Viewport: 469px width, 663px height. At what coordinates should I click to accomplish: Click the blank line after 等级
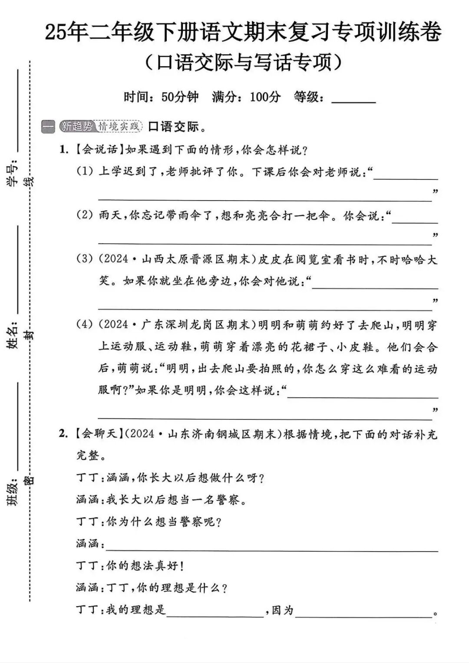pyautogui.click(x=353, y=101)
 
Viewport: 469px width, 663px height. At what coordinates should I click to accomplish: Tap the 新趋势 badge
pyautogui.click(x=76, y=126)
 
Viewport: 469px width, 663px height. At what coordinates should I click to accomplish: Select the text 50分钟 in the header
pyautogui.click(x=180, y=97)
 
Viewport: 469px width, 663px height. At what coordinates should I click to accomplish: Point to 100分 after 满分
pyautogui.click(x=265, y=97)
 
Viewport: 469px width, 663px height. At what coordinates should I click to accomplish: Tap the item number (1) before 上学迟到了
pyautogui.click(x=85, y=171)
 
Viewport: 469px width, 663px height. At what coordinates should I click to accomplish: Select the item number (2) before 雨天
pyautogui.click(x=85, y=215)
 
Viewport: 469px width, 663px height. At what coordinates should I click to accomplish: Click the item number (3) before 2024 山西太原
pyautogui.click(x=85, y=259)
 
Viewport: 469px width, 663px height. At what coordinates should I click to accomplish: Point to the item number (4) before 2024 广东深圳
pyautogui.click(x=85, y=324)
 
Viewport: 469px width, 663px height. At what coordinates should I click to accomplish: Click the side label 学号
pyautogui.click(x=13, y=173)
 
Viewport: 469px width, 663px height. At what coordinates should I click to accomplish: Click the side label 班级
pyautogui.click(x=13, y=491)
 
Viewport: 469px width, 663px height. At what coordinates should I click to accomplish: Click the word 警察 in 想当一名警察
pyautogui.click(x=228, y=500)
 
